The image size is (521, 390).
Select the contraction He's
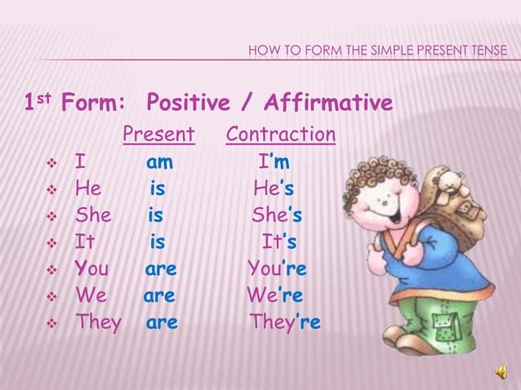click(x=274, y=188)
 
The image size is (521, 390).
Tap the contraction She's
click(x=277, y=215)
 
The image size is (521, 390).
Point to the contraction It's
click(x=278, y=242)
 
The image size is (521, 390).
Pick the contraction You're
click(x=277, y=269)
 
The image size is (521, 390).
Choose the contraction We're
click(x=275, y=295)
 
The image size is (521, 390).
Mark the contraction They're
click(x=285, y=322)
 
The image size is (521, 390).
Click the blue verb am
click(x=159, y=162)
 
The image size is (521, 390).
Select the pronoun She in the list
click(x=93, y=215)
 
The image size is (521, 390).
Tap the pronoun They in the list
click(x=98, y=322)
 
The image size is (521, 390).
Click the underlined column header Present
click(x=158, y=134)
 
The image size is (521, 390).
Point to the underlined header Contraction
click(x=281, y=134)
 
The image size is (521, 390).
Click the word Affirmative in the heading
click(x=326, y=104)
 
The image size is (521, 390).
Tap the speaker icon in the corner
click(x=501, y=373)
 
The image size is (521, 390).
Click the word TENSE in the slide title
click(x=487, y=53)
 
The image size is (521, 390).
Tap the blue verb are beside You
click(x=161, y=269)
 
